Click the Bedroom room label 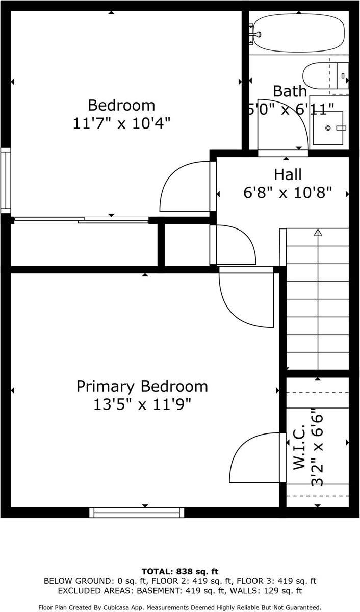[x=121, y=106]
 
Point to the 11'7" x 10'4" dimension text [x=121, y=123]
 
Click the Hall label [x=288, y=174]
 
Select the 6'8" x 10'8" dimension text [x=288, y=192]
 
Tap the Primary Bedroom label [x=142, y=386]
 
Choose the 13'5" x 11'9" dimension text [x=142, y=404]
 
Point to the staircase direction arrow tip [x=318, y=232]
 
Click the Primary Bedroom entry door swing [x=245, y=298]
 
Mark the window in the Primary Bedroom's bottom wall [x=137, y=512]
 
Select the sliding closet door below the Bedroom [x=82, y=220]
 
